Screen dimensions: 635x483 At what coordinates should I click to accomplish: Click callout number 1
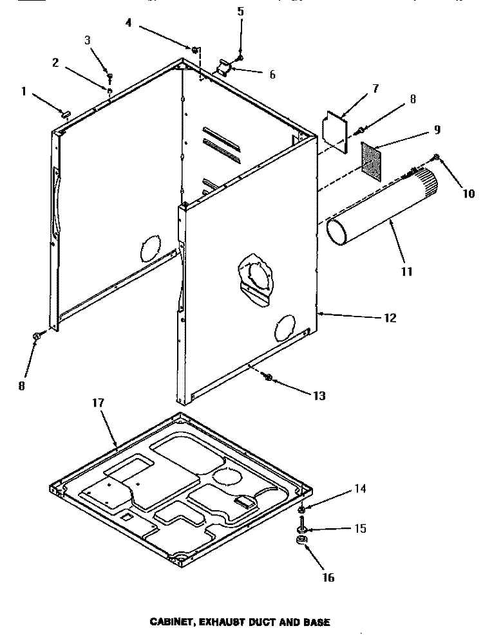click(24, 92)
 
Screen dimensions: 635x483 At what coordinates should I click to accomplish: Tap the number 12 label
click(390, 318)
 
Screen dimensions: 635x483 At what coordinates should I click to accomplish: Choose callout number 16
click(329, 578)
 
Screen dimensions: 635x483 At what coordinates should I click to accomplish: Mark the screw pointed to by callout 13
click(269, 378)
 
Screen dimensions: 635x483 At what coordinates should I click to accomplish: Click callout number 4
click(129, 23)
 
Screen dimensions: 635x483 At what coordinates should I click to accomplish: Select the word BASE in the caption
click(317, 622)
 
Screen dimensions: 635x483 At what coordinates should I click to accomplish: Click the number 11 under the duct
click(406, 271)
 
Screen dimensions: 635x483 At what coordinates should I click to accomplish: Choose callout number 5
click(240, 11)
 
